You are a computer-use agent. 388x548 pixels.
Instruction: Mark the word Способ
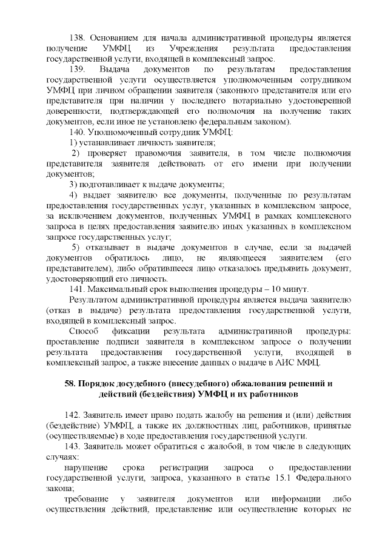point(82,332)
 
